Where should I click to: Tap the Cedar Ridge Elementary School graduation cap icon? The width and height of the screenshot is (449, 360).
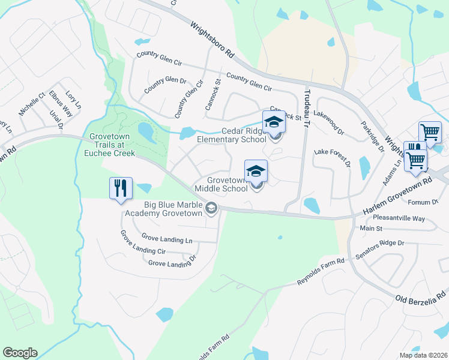click(274, 122)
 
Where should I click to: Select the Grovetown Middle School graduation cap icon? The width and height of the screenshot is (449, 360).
click(256, 171)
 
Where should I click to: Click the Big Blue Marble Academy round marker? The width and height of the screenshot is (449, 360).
click(211, 209)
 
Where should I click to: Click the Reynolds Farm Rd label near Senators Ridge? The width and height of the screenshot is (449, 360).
click(321, 271)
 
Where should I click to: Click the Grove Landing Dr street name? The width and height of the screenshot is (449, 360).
click(172, 263)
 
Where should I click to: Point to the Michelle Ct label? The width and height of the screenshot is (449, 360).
click(32, 104)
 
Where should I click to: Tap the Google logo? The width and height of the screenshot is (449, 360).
click(20, 353)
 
